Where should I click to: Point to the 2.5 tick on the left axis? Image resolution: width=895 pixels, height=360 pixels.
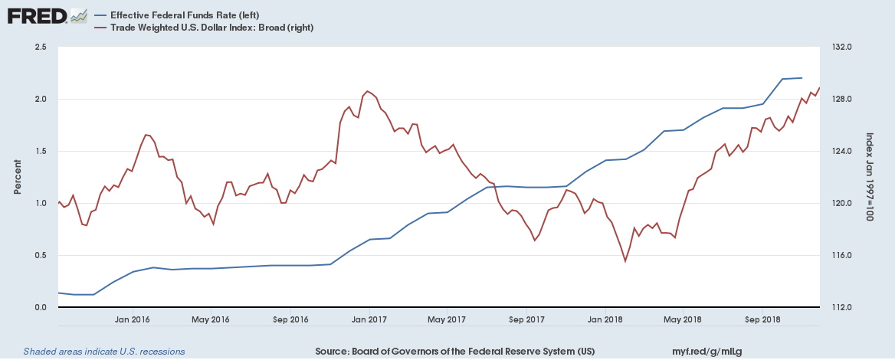[x=41, y=47]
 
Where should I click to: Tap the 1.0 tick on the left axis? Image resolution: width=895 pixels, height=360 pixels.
[x=41, y=204]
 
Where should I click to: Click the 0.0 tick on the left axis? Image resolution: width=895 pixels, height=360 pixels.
[x=41, y=308]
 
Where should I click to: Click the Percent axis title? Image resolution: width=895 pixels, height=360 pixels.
[x=17, y=177]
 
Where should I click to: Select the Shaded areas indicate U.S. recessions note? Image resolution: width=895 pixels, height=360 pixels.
[x=103, y=352]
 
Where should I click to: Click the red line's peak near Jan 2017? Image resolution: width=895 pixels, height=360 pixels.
[x=368, y=91]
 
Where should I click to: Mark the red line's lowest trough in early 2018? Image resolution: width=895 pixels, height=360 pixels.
[x=625, y=261]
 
